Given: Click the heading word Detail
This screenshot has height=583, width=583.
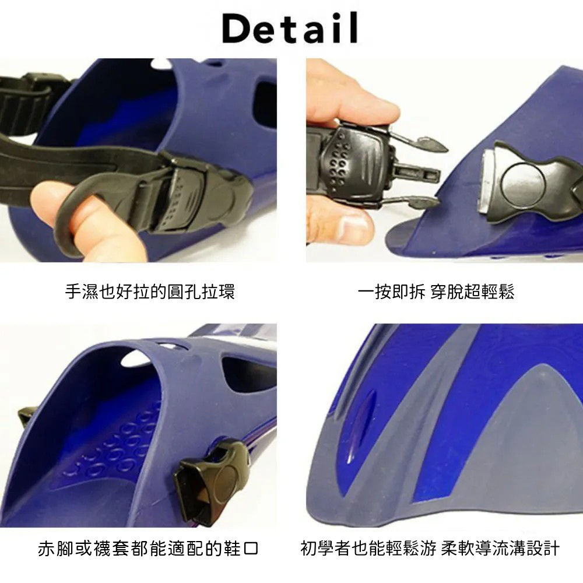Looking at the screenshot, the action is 290,28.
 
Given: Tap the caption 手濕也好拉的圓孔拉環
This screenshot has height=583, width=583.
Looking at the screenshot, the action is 150,291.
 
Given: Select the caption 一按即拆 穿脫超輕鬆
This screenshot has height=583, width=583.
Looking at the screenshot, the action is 436,291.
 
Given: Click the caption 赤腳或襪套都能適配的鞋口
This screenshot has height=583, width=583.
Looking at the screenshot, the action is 148,549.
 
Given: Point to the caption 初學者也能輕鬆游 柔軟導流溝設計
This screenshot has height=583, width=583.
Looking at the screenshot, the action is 430,549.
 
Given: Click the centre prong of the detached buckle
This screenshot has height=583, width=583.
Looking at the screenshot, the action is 416,173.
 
